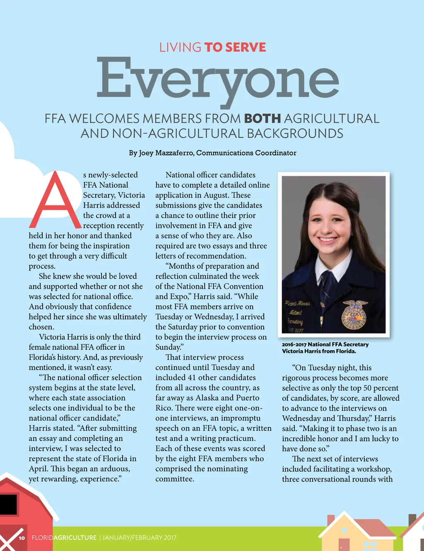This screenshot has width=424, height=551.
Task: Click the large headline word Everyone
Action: coord(218,80)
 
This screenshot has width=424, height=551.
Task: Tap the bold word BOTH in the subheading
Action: coord(263,119)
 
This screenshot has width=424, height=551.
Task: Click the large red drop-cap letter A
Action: coord(55,201)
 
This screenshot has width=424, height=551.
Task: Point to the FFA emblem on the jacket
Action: coord(354,314)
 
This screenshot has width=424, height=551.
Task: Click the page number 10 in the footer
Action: coord(22,538)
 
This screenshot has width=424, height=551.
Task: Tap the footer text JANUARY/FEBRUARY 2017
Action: coord(140,538)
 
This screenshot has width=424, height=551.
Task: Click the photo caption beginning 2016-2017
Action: coord(325,348)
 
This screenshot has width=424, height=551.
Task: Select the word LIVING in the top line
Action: coord(180,48)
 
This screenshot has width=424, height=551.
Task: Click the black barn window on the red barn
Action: coord(8,504)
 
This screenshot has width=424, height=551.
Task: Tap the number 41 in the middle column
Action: coord(191,377)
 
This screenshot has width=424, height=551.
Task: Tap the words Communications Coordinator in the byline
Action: coord(246,153)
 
